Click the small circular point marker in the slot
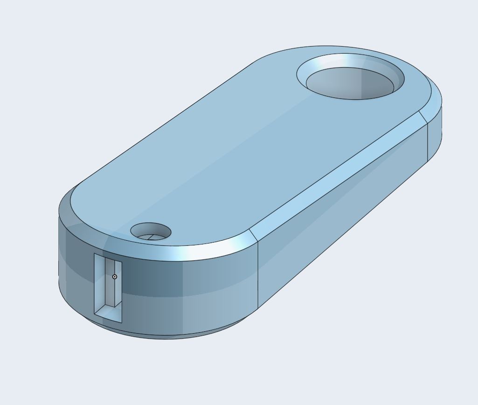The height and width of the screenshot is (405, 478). point(115,277)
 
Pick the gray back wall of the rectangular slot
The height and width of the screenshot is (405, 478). point(110,280)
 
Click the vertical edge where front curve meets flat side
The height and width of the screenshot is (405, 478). point(258,275)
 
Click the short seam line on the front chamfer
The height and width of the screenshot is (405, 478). point(253,236)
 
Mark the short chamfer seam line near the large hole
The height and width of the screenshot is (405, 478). point(423,117)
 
